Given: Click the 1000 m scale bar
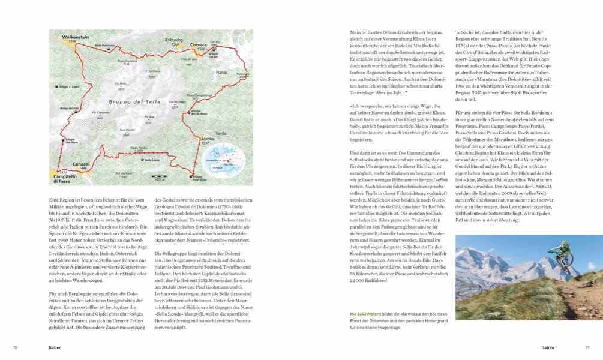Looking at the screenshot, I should pos(160,178).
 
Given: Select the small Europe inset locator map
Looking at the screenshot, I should pos(229,160).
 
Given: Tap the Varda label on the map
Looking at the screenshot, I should pos(221,133).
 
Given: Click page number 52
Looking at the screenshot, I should pos(16,347).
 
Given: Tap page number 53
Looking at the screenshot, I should pos(587,347).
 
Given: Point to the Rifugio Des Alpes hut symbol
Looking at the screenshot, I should pos(71,137).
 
